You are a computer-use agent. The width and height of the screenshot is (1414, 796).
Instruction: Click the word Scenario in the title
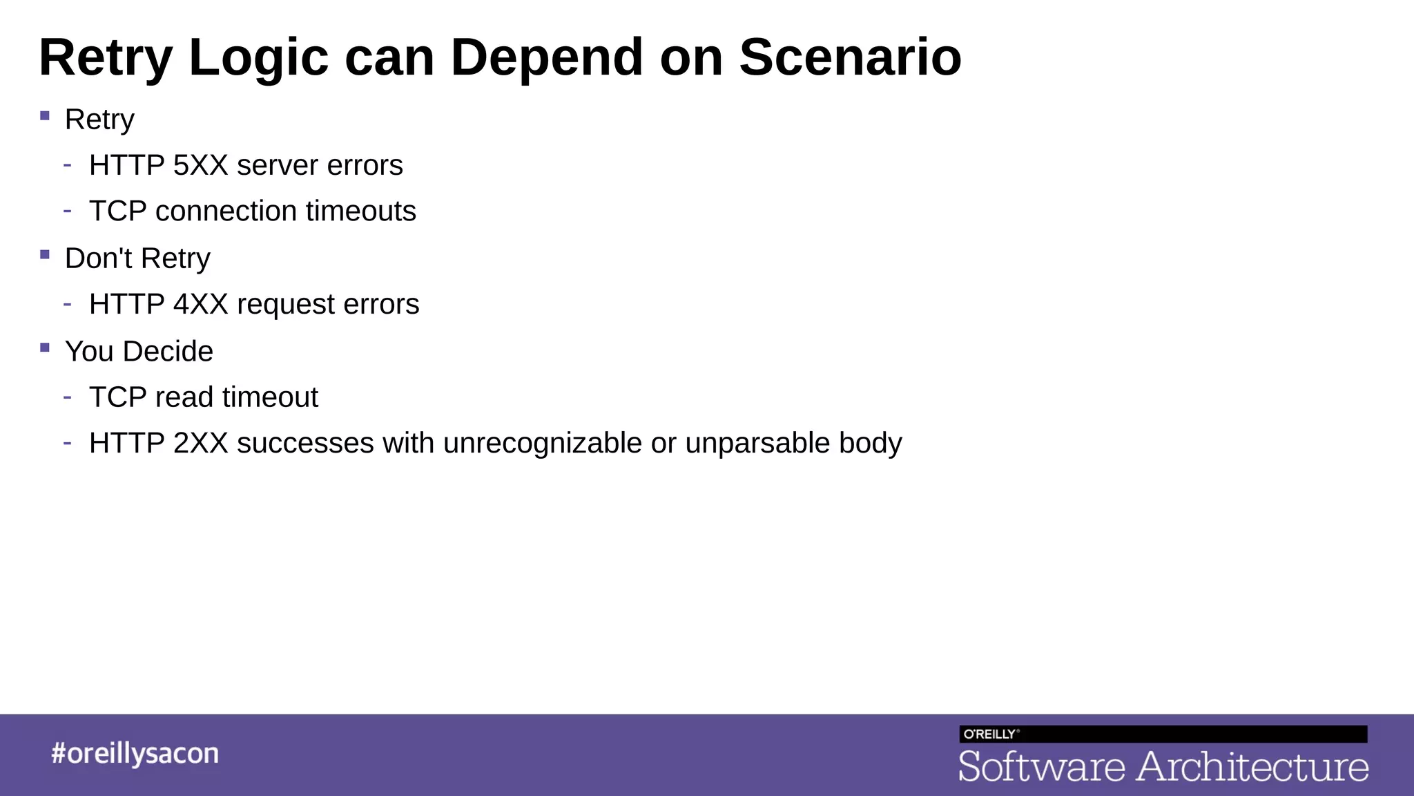(x=850, y=57)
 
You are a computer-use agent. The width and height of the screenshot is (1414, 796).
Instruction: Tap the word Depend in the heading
(x=547, y=57)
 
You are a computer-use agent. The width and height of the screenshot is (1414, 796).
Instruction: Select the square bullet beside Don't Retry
(x=45, y=255)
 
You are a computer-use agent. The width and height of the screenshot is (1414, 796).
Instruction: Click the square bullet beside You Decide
(x=45, y=348)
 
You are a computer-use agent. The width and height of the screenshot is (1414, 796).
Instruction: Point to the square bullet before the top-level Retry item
(x=45, y=116)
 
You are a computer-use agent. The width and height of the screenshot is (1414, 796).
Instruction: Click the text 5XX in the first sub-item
(x=200, y=166)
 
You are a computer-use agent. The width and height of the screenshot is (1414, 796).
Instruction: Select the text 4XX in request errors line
(x=200, y=305)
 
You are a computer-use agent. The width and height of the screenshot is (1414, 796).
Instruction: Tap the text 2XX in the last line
(x=200, y=444)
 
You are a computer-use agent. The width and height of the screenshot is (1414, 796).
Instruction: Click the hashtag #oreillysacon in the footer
(x=135, y=754)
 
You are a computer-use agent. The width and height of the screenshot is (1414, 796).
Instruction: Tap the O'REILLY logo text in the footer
(x=990, y=735)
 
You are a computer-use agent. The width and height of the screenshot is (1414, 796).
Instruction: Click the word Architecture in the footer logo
(x=1252, y=767)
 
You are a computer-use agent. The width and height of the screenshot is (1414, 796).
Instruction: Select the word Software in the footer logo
(x=1042, y=767)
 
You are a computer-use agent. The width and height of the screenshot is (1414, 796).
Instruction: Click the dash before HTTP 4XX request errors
(x=67, y=303)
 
